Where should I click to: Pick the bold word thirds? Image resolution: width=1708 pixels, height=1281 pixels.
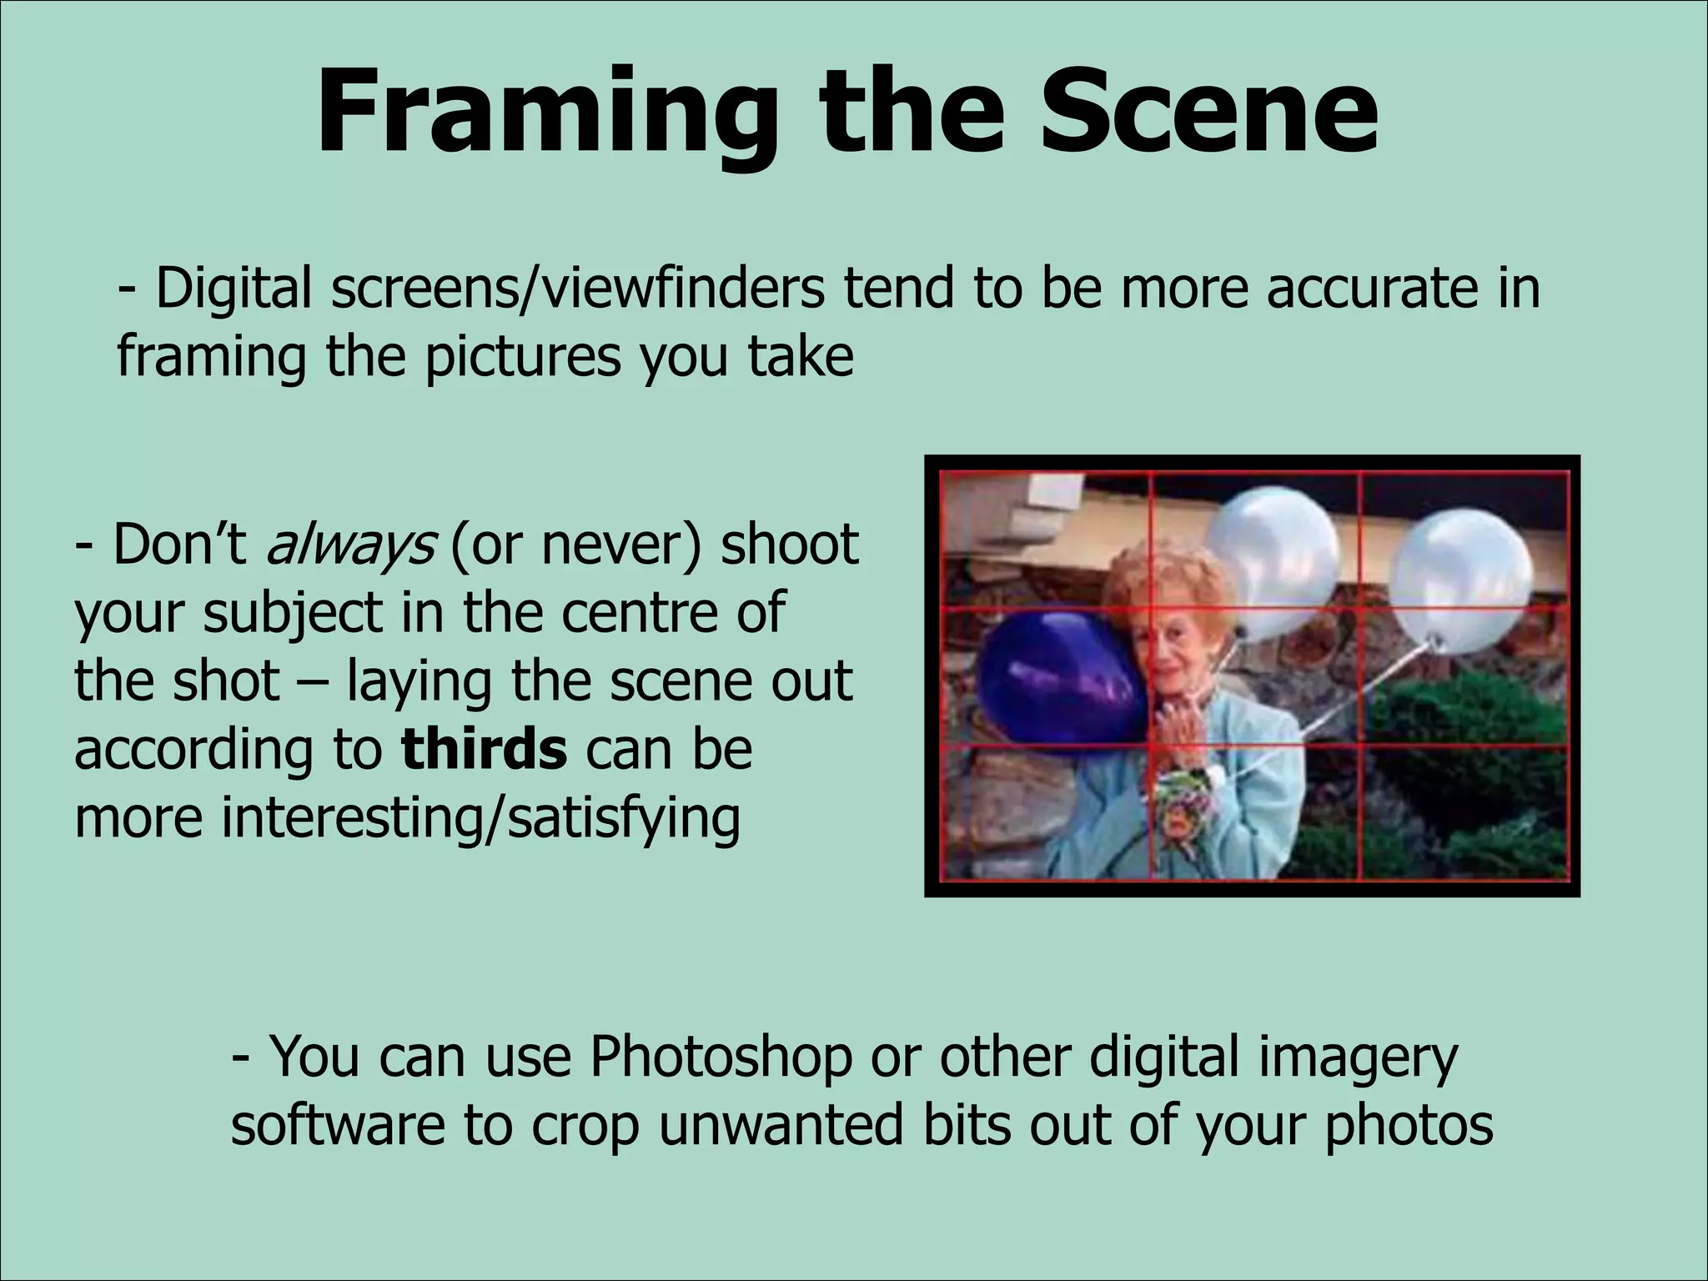point(484,749)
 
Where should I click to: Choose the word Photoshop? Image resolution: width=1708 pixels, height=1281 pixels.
point(721,1057)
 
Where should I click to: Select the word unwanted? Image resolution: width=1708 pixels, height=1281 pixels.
point(781,1125)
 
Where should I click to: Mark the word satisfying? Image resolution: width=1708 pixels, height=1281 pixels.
point(624,819)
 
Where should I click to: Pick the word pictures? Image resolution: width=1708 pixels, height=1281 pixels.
point(522,357)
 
